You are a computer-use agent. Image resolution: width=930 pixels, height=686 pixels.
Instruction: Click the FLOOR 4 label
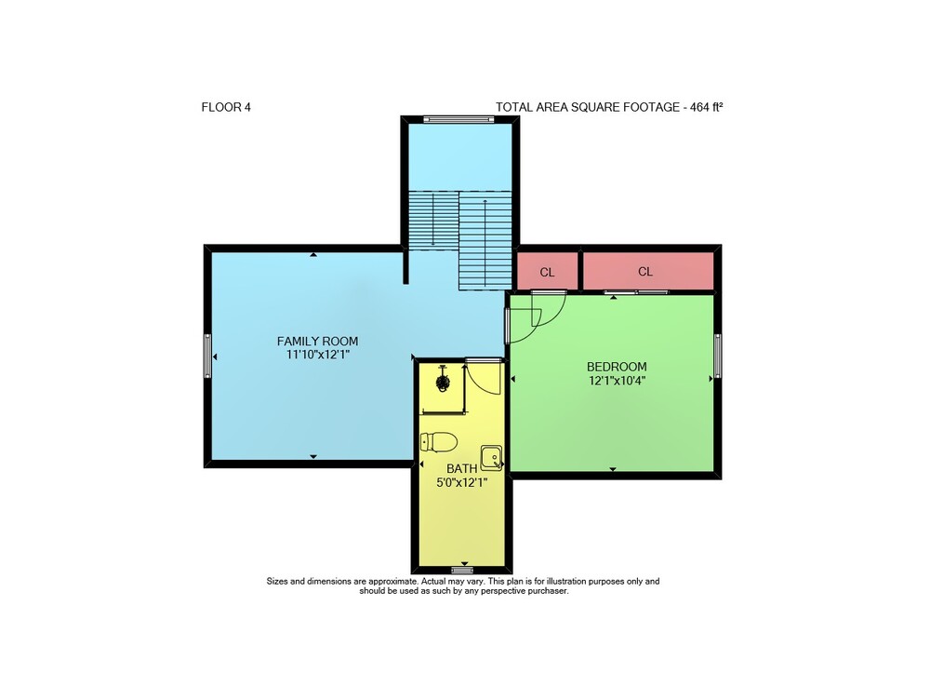tap(226, 107)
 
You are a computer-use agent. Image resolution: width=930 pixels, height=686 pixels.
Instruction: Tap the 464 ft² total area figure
tap(707, 107)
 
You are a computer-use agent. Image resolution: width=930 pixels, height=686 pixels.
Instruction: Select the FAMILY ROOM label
tap(317, 342)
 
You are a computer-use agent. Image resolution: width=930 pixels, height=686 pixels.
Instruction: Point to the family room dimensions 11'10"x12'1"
tap(317, 355)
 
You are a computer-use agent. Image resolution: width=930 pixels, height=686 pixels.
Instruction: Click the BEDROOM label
tap(617, 367)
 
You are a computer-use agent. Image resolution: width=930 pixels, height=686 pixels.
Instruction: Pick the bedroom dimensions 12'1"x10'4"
tap(617, 381)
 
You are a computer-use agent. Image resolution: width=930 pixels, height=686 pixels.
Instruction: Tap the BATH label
tap(462, 469)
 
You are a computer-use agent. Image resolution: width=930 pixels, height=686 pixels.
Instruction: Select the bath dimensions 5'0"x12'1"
tap(462, 482)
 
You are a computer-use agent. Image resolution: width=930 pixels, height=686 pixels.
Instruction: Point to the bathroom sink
tap(492, 458)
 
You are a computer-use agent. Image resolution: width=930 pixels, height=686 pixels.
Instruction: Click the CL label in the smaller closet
tap(547, 273)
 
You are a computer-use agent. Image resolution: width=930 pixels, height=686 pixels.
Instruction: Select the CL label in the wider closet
tap(645, 272)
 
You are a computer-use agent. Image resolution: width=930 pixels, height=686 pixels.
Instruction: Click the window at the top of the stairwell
tap(459, 119)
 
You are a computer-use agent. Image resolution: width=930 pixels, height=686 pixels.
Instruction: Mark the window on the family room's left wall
tap(207, 356)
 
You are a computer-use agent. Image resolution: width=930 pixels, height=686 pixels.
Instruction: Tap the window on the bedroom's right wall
tap(718, 356)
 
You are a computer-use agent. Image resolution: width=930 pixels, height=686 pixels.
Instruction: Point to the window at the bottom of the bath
tap(462, 571)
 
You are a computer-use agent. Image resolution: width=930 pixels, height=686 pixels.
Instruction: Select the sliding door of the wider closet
tap(636, 292)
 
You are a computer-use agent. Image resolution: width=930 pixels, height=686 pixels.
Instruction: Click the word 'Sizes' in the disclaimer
tap(277, 582)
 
